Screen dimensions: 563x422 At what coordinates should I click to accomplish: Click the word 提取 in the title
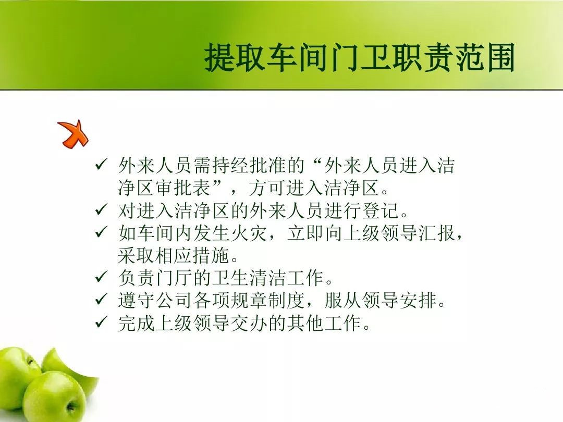pyautogui.click(x=235, y=57)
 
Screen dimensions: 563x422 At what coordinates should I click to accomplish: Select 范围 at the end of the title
pyautogui.click(x=484, y=57)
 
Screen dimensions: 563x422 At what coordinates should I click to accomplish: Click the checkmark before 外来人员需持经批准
pyautogui.click(x=102, y=165)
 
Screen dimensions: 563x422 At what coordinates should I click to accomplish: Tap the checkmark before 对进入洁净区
pyautogui.click(x=102, y=209)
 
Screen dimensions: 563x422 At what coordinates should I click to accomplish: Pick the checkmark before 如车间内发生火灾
pyautogui.click(x=102, y=232)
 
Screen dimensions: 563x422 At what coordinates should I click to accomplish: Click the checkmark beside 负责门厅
pyautogui.click(x=102, y=277)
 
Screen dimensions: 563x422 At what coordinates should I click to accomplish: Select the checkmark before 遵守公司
pyautogui.click(x=102, y=299)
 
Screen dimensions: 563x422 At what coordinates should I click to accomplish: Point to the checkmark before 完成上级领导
pyautogui.click(x=102, y=321)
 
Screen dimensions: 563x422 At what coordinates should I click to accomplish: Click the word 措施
pyautogui.click(x=211, y=255)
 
